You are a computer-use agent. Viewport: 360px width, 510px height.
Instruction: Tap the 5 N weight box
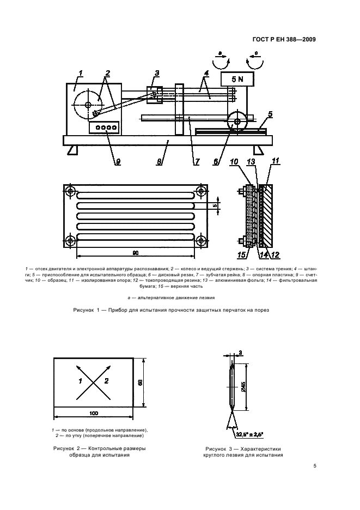(x=234, y=80)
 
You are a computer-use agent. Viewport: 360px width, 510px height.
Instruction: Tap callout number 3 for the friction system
(x=157, y=73)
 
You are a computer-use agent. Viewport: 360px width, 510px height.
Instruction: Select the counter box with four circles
(x=106, y=129)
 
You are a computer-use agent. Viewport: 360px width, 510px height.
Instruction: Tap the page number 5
(x=315, y=466)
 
